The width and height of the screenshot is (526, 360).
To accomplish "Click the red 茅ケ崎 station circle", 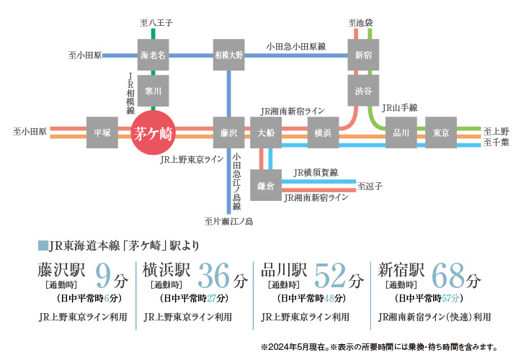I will pyautogui.click(x=153, y=132).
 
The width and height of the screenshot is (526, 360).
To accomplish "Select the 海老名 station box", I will pyautogui.click(x=153, y=54).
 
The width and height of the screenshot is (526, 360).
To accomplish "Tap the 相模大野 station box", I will pyautogui.click(x=229, y=54).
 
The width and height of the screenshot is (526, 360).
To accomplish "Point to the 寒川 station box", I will pyautogui.click(x=153, y=91).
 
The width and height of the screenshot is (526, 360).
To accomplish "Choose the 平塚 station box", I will pyautogui.click(x=102, y=132).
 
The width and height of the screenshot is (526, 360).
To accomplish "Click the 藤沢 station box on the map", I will pyautogui.click(x=229, y=132).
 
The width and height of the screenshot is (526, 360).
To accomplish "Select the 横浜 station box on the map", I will pyautogui.click(x=321, y=132).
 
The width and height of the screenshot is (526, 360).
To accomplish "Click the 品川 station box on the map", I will pyautogui.click(x=401, y=132).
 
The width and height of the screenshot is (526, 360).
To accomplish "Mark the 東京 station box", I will pyautogui.click(x=441, y=132).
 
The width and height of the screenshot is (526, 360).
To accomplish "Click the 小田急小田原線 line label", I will pyautogui.click(x=295, y=45).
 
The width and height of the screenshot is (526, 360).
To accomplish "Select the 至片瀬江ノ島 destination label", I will pyautogui.click(x=228, y=220).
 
